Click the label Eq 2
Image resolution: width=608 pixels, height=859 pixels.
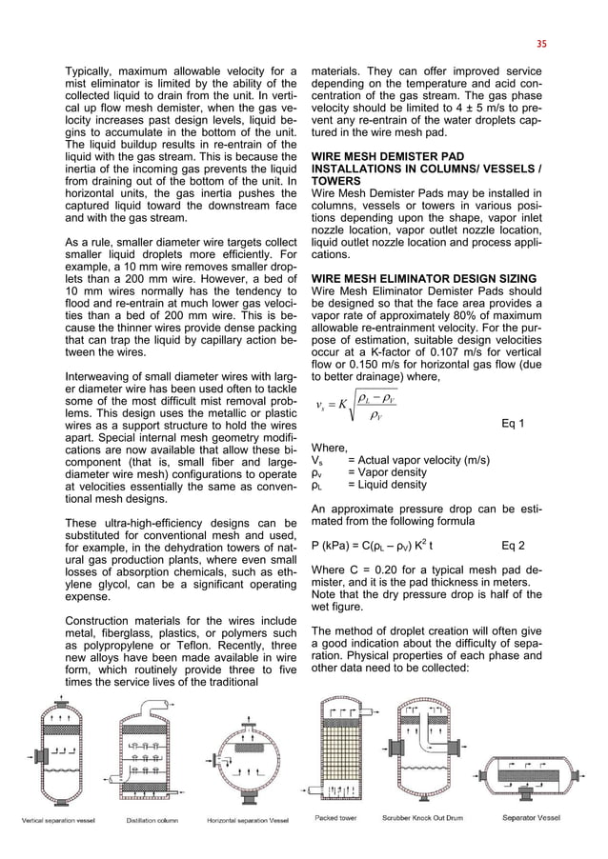click(512, 546)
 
